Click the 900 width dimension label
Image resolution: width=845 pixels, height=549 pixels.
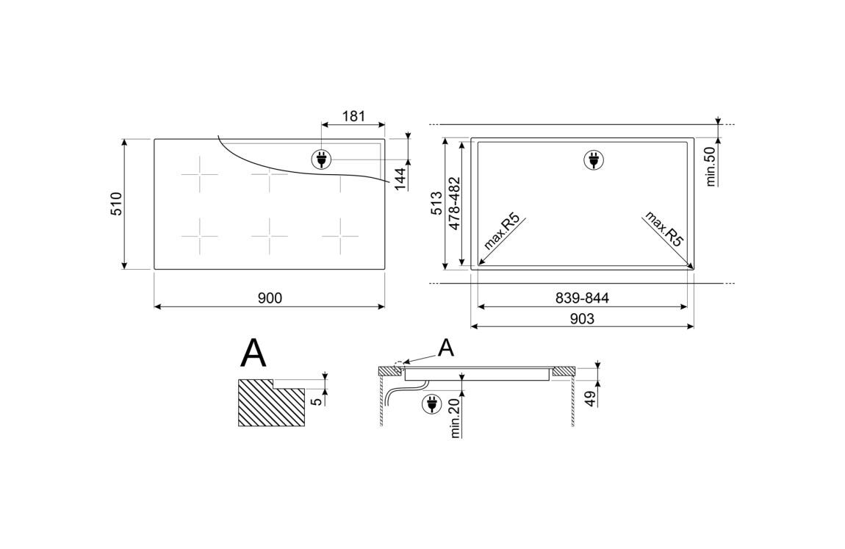[x=270, y=298]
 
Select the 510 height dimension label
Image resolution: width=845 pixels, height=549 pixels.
[x=117, y=204]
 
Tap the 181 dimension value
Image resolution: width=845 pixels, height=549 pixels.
[x=353, y=116]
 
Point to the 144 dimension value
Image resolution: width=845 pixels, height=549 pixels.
[x=399, y=179]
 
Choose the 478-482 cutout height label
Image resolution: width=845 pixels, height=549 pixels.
[x=454, y=204]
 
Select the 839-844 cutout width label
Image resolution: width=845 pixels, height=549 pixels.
[x=582, y=298]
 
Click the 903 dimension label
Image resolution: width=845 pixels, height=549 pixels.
[x=582, y=319]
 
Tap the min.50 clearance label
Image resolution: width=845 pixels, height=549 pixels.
[x=711, y=167]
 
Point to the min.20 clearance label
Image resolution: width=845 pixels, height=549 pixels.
[x=456, y=418]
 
